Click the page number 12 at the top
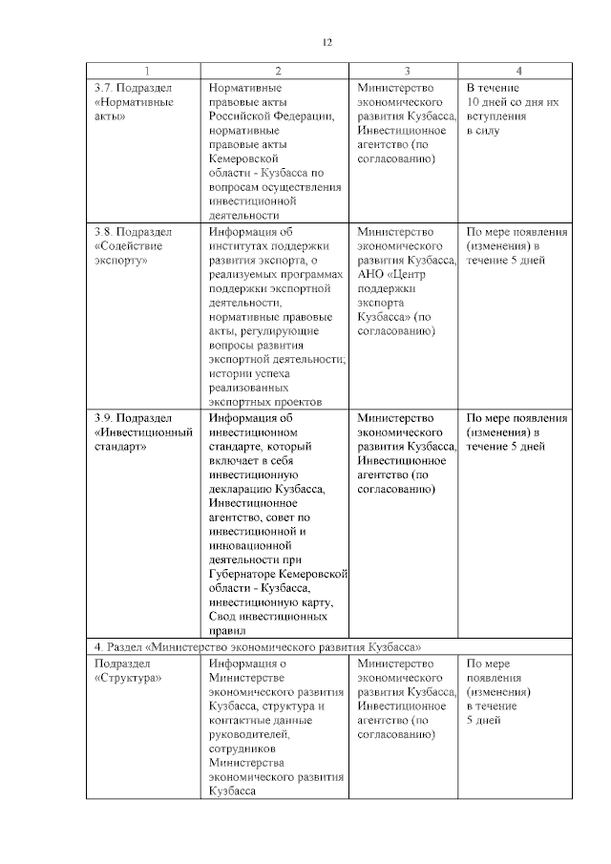[x=327, y=43]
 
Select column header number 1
[x=147, y=72]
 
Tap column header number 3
[x=407, y=72]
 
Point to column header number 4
[x=517, y=72]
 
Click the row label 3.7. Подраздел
[x=134, y=88]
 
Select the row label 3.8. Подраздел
[x=134, y=232]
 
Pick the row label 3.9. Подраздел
[x=134, y=418]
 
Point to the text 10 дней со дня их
[x=512, y=102]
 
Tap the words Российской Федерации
[x=271, y=116]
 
